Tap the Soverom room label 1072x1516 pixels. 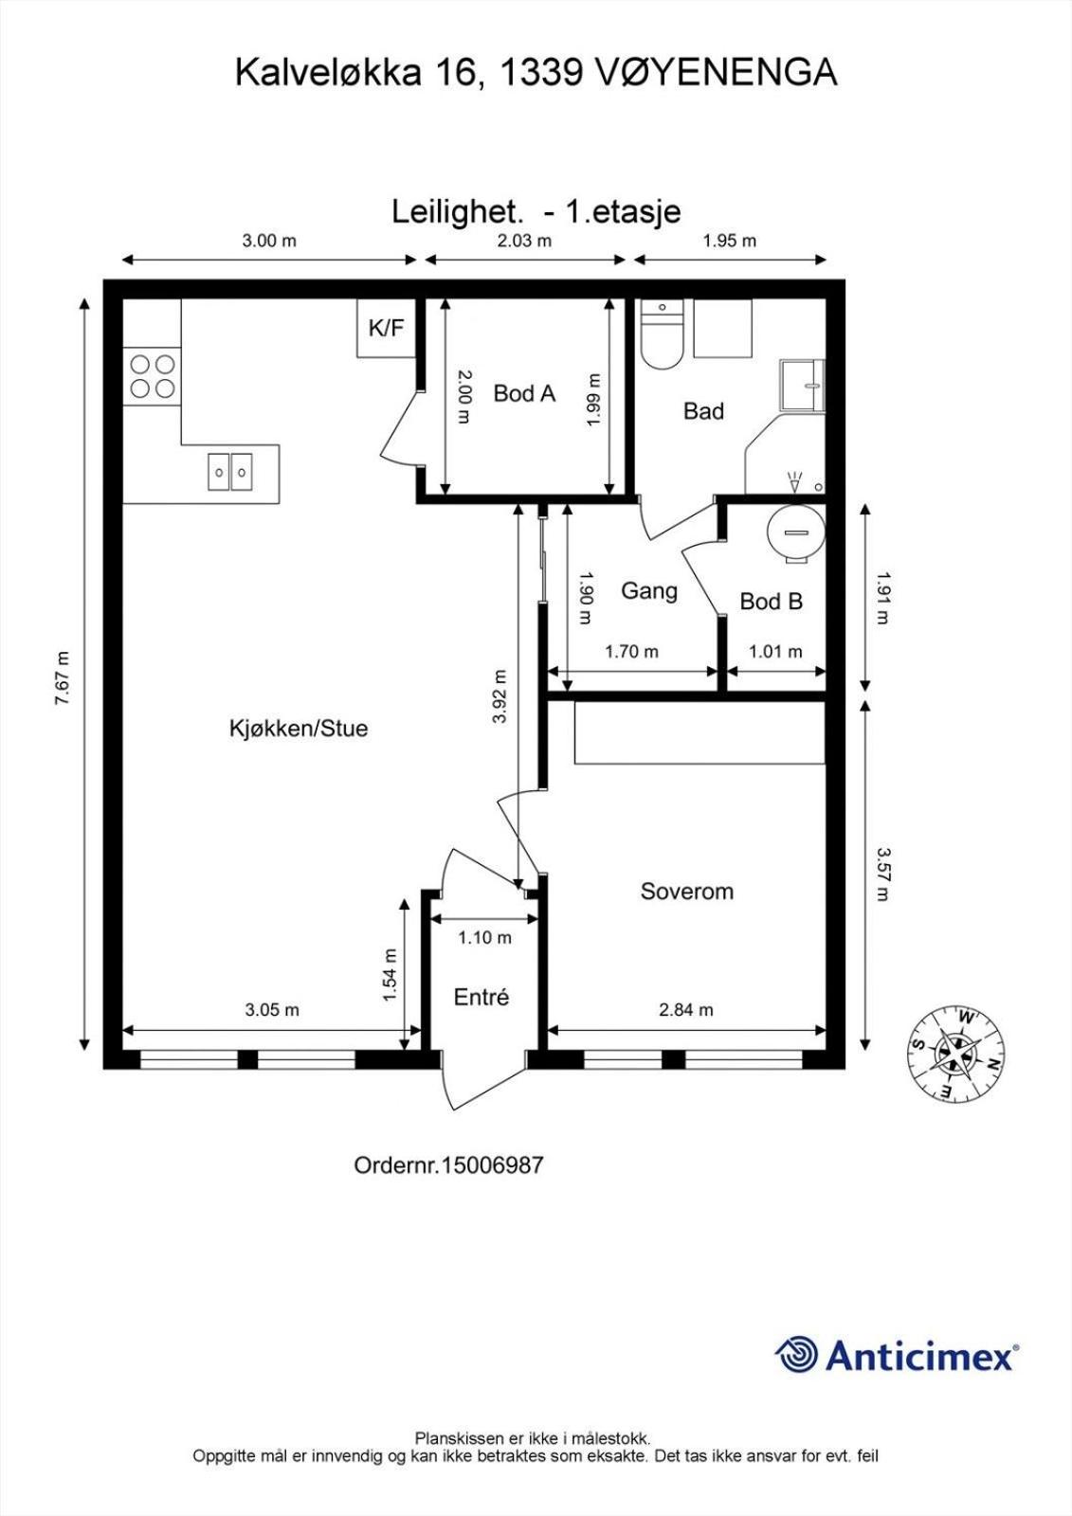686,891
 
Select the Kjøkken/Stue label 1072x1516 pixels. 299,729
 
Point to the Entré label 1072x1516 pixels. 481,997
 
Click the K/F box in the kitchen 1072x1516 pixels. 386,328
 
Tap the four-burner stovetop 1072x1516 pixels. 153,376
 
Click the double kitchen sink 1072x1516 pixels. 230,472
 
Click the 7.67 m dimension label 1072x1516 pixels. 63,678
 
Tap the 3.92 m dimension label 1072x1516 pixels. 500,696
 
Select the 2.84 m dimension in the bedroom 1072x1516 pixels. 686,1010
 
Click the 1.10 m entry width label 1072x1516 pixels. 484,937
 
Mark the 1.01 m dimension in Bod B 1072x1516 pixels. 775,651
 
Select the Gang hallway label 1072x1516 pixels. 648,591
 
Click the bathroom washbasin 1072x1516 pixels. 803,385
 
